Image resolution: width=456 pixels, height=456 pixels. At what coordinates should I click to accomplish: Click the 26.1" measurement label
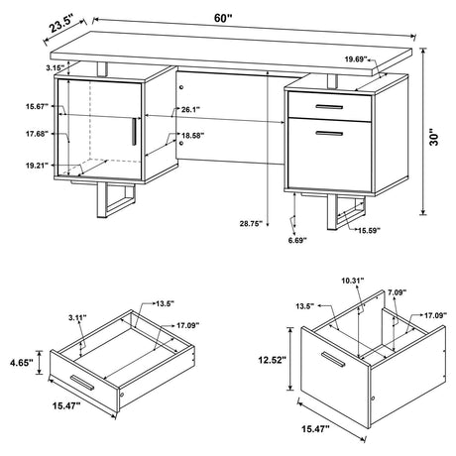[x=192, y=110]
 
